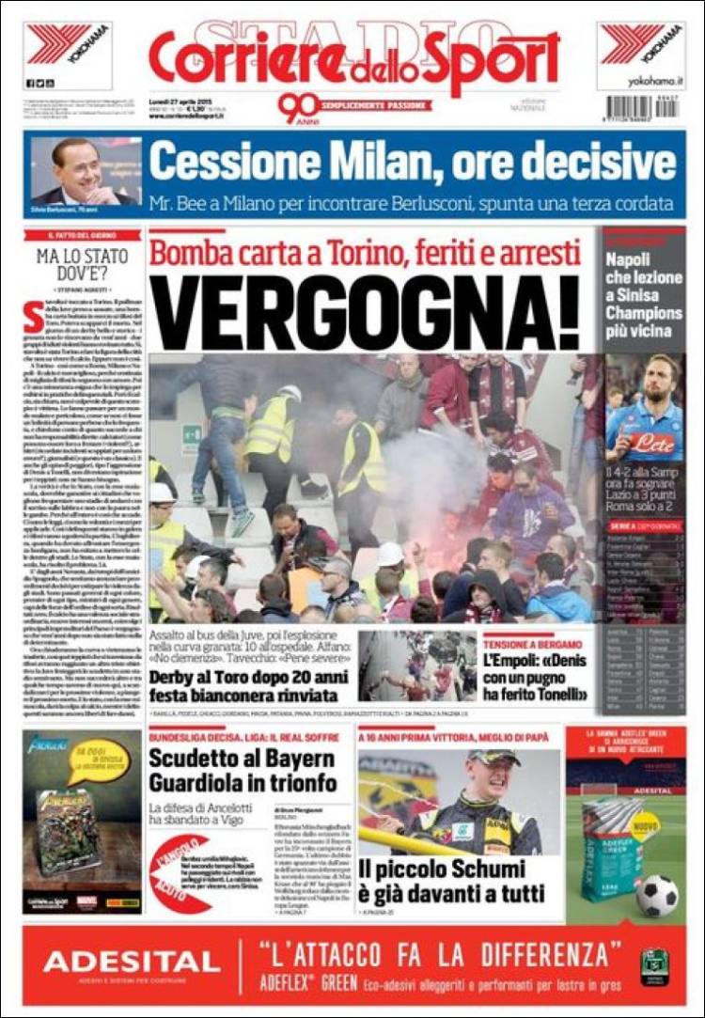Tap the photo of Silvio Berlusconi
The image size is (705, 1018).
click(x=85, y=172)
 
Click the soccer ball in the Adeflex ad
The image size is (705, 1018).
click(x=656, y=895)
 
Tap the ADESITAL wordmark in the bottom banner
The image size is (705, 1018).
click(x=132, y=961)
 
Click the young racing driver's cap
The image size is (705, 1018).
click(x=493, y=758)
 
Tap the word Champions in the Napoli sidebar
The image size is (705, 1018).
click(x=643, y=313)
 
